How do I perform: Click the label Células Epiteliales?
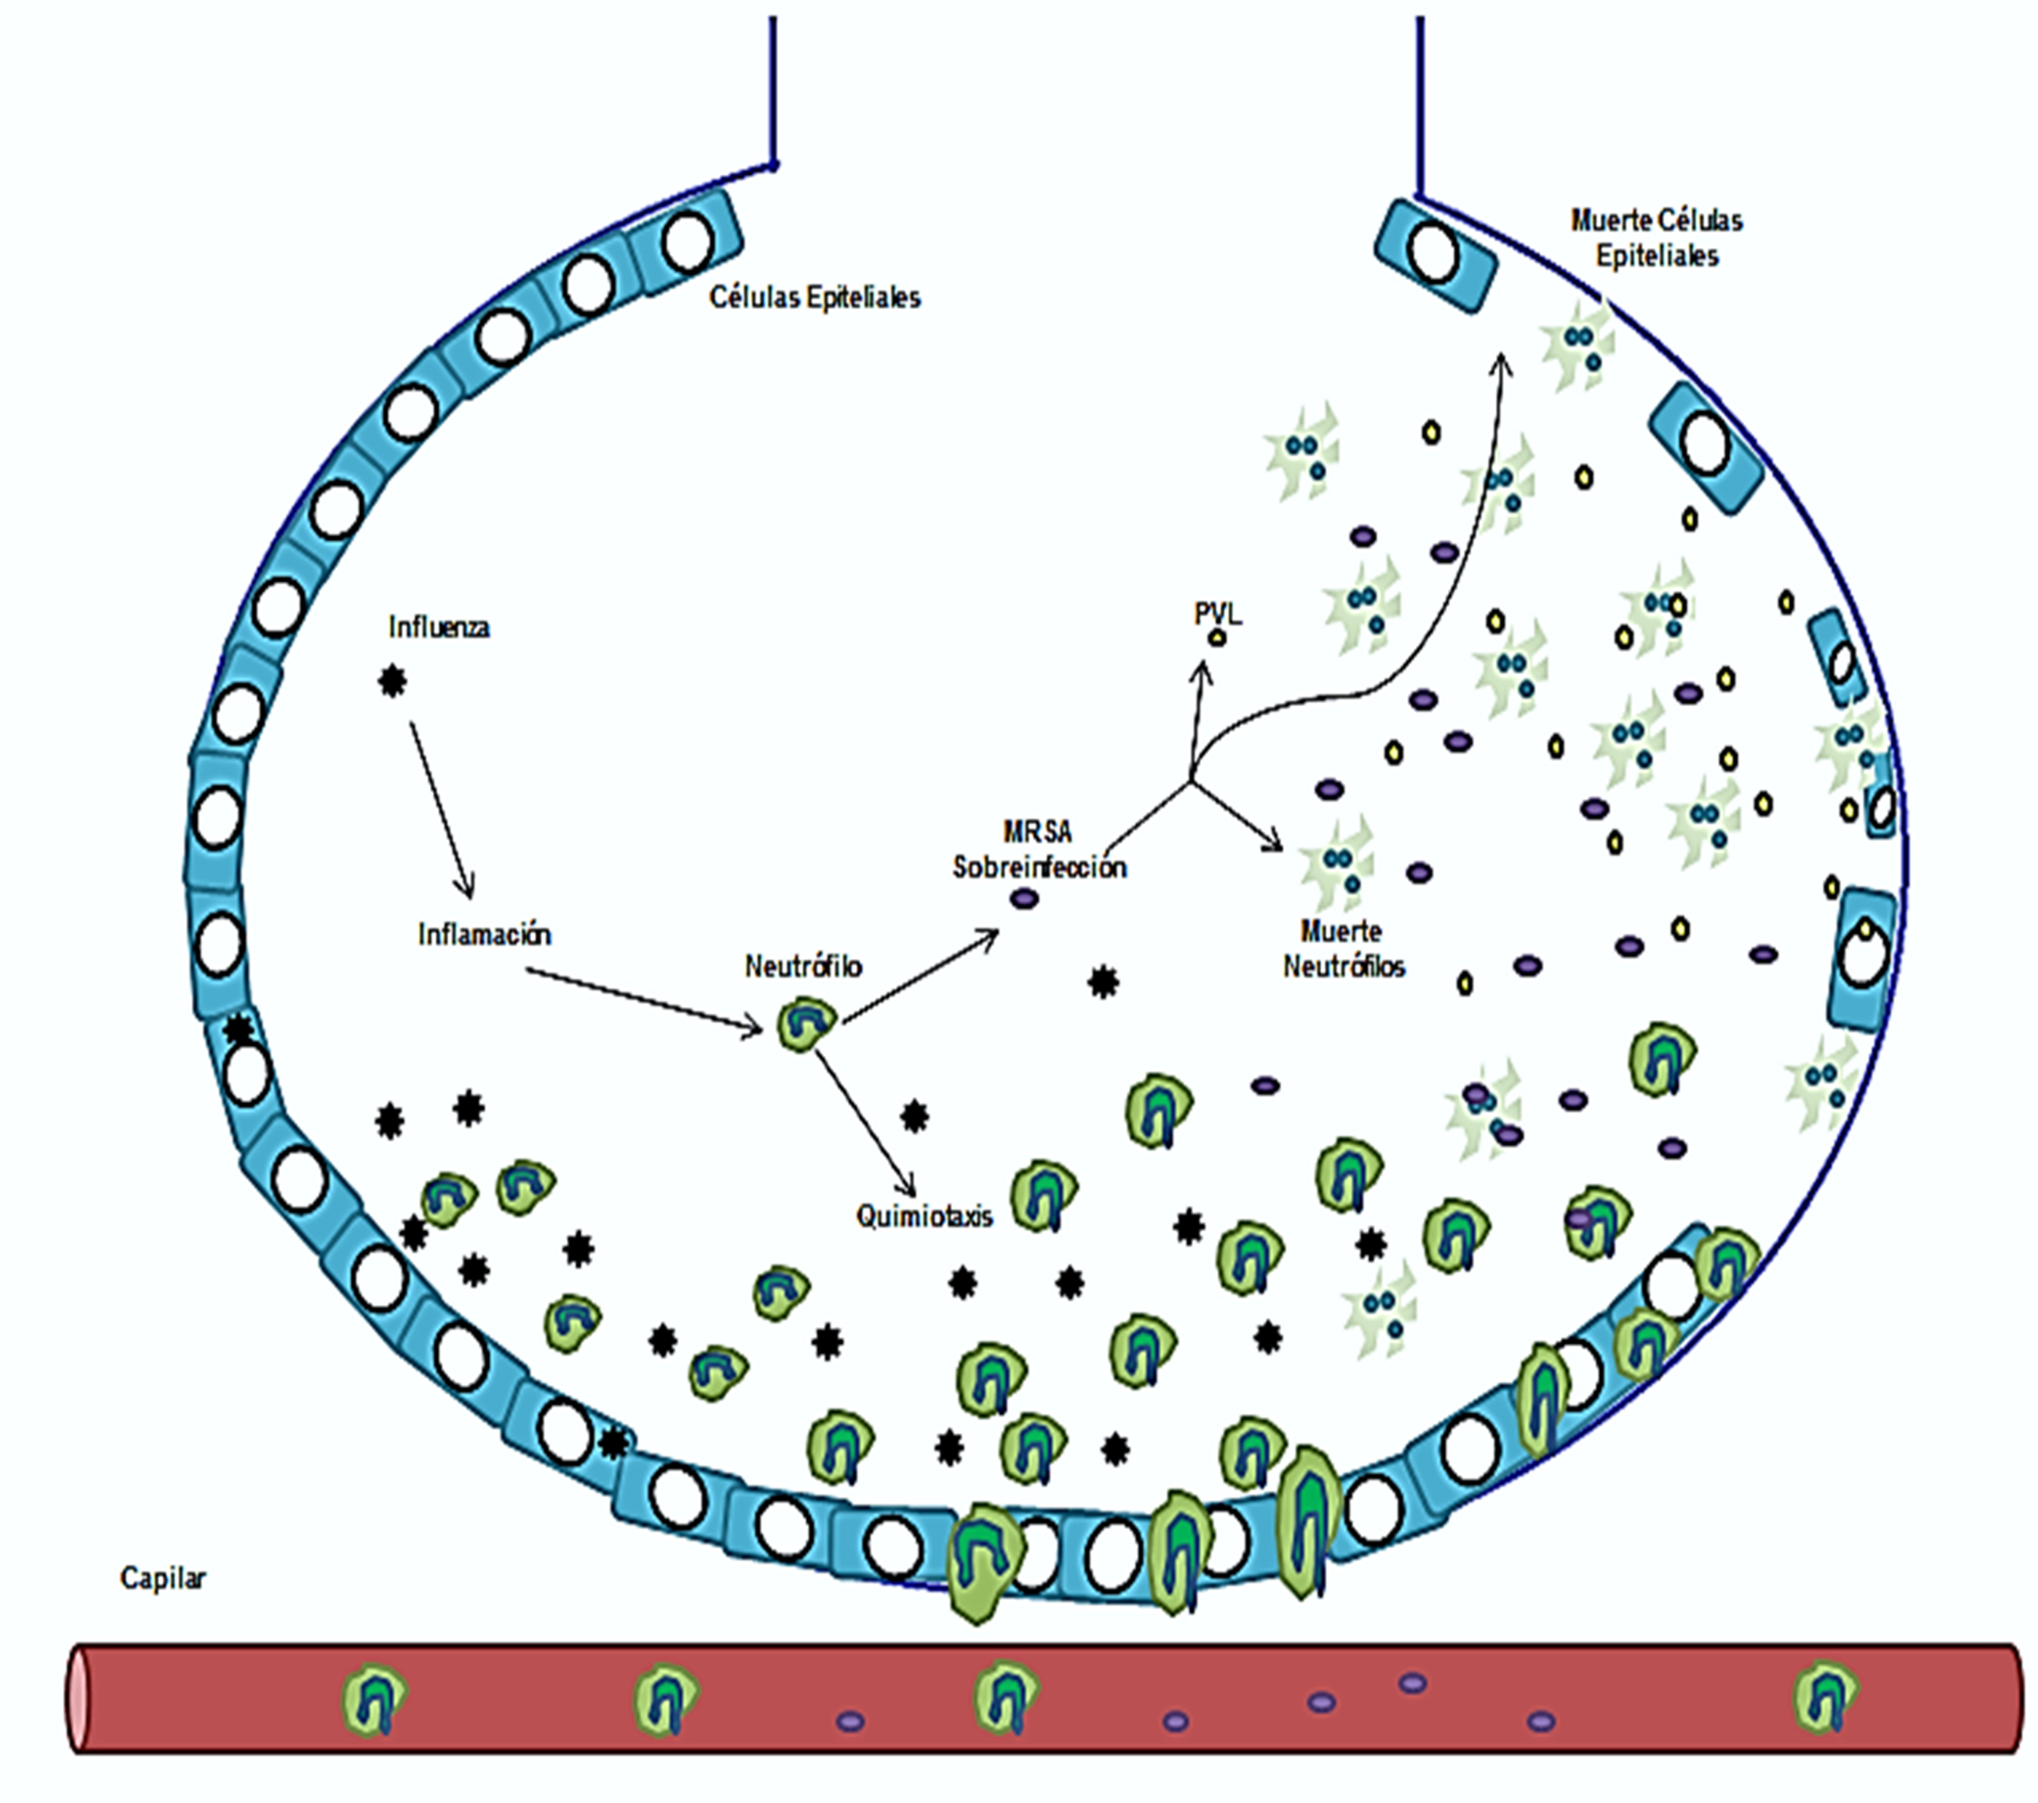(814, 297)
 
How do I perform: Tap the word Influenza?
(439, 627)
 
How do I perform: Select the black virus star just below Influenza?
(393, 682)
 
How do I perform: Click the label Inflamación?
(484, 934)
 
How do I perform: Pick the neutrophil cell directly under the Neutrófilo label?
(806, 1026)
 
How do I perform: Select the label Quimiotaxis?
(924, 1217)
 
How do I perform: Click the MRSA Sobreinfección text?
(1039, 850)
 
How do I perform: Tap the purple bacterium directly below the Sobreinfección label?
(1025, 899)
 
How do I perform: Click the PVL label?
(1218, 613)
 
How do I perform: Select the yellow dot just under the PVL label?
(1217, 638)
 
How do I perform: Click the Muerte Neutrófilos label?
(1343, 948)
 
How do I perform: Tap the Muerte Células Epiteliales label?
(1656, 237)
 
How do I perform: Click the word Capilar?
(162, 1578)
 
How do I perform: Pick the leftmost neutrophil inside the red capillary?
(375, 1699)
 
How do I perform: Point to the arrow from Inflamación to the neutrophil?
(643, 999)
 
